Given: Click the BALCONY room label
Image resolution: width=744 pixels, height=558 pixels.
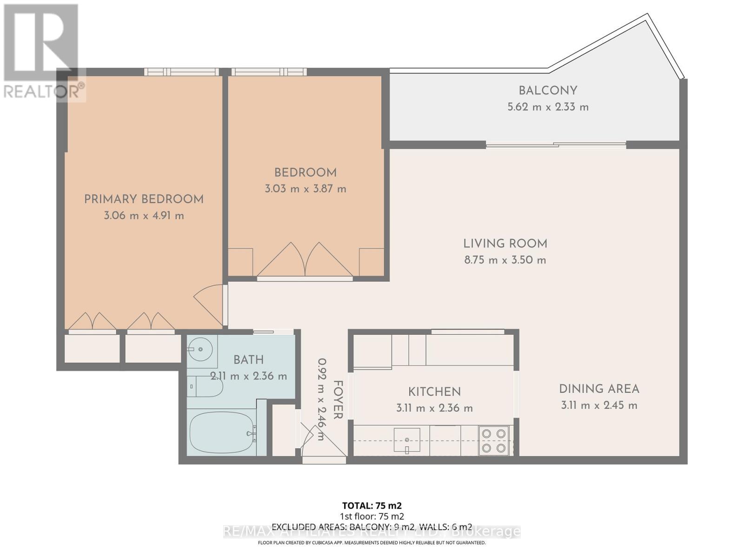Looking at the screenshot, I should pos(548,91).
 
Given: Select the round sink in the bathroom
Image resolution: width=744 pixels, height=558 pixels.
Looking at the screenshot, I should pos(200,349).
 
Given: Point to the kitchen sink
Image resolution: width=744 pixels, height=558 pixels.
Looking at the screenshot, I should pos(407,439).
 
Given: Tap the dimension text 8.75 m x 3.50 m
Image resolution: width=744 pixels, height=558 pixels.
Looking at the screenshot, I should pos(505,260).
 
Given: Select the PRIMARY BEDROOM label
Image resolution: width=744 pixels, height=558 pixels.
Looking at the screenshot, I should pos(144,199).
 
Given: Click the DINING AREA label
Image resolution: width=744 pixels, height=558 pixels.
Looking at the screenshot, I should pos(599,389).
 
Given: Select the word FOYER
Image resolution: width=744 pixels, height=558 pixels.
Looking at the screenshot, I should pos(338,399).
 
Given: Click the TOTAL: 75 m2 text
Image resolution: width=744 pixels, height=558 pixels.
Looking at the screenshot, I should pos(372,505).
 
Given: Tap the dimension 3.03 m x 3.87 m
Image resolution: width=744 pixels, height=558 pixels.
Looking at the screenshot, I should pos(306,189).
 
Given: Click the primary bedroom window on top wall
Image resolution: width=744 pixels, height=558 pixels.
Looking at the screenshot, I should pos(181,72).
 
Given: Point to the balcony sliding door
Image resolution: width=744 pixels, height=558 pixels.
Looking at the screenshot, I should pos(556,145).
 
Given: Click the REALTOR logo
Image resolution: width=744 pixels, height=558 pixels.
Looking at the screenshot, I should pos(42,51).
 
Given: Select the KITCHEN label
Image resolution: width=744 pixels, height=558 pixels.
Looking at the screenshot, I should pos(434,392).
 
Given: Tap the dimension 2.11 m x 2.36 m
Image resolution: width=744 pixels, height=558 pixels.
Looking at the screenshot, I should pos(249,376).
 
